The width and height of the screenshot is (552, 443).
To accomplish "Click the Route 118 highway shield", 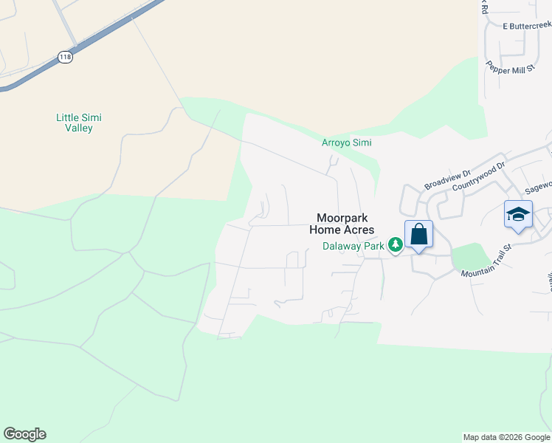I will click(66, 56).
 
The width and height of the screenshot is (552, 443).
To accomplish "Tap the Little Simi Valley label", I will click(79, 123).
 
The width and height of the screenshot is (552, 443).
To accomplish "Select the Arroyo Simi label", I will click(346, 142).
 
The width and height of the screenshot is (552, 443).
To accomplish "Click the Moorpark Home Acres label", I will click(345, 224).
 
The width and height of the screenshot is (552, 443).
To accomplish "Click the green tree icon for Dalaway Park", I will click(396, 244).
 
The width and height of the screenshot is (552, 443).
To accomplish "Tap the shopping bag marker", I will click(418, 235).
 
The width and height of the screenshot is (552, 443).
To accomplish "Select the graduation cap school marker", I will click(518, 215).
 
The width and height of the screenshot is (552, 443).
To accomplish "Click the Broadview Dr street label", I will click(447, 179).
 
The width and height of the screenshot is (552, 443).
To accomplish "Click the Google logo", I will click(24, 434).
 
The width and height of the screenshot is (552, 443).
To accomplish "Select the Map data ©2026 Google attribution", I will click(506, 437).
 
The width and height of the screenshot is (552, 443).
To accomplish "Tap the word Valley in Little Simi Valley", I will click(79, 128).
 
